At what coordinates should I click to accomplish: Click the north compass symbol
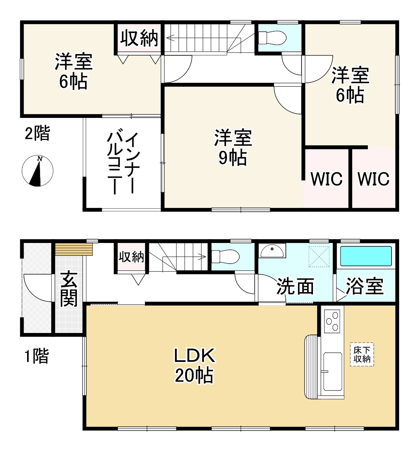pyautogui.click(x=37, y=171)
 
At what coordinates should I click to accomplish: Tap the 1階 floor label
pyautogui.click(x=37, y=356)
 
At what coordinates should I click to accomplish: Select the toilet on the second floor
pyautogui.click(x=272, y=37)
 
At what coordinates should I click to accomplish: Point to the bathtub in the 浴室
pyautogui.click(x=366, y=256)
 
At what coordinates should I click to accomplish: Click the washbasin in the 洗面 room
pyautogui.click(x=272, y=251)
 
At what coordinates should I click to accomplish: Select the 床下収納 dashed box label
pyautogui.click(x=362, y=355)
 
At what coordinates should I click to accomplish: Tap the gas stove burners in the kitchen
pyautogui.click(x=332, y=321)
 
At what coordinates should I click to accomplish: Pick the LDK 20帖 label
pyautogui.click(x=194, y=365)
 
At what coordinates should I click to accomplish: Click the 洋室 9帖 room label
pyautogui.click(x=233, y=147)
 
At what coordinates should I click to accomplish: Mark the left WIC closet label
pyautogui.click(x=326, y=179)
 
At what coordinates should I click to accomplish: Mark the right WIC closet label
pyautogui.click(x=374, y=179)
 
